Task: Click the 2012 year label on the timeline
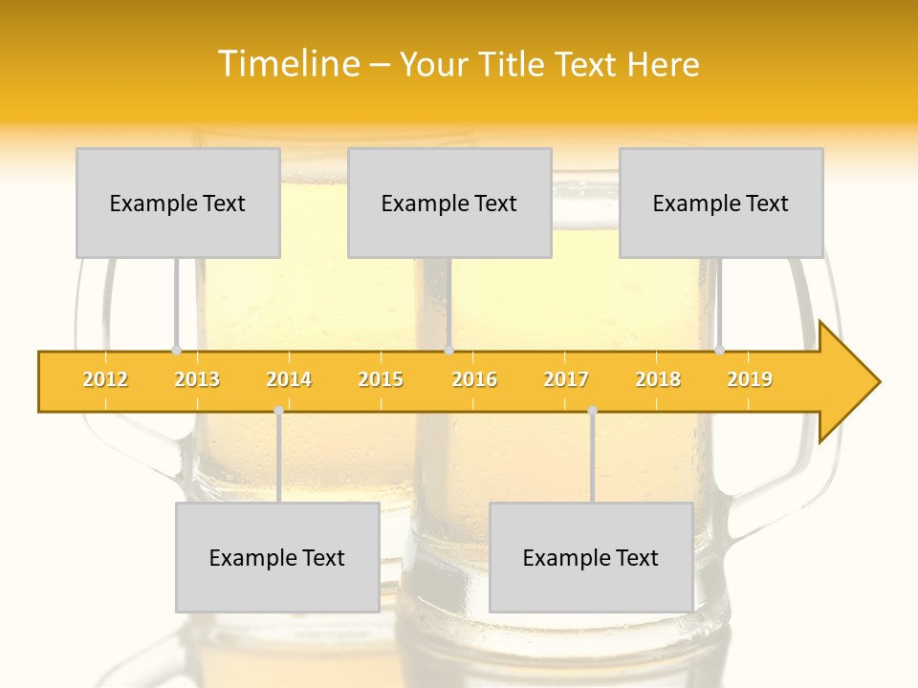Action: (x=105, y=380)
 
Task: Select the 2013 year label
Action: (x=197, y=380)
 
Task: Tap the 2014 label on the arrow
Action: (x=289, y=380)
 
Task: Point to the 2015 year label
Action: (x=381, y=380)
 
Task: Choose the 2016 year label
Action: (x=474, y=380)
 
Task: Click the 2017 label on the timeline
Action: (x=566, y=380)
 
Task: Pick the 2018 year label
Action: (x=658, y=380)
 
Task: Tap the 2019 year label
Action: (x=750, y=380)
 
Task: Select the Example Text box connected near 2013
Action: (x=178, y=203)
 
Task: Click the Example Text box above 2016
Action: (x=449, y=203)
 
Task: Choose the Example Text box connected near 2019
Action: (x=721, y=203)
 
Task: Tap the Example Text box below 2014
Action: (x=277, y=557)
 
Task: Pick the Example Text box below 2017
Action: (x=591, y=557)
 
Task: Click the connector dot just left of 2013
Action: (x=176, y=350)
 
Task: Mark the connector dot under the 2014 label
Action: (x=278, y=411)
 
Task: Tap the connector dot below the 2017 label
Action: (x=592, y=411)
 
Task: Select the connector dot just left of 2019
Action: (x=719, y=350)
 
